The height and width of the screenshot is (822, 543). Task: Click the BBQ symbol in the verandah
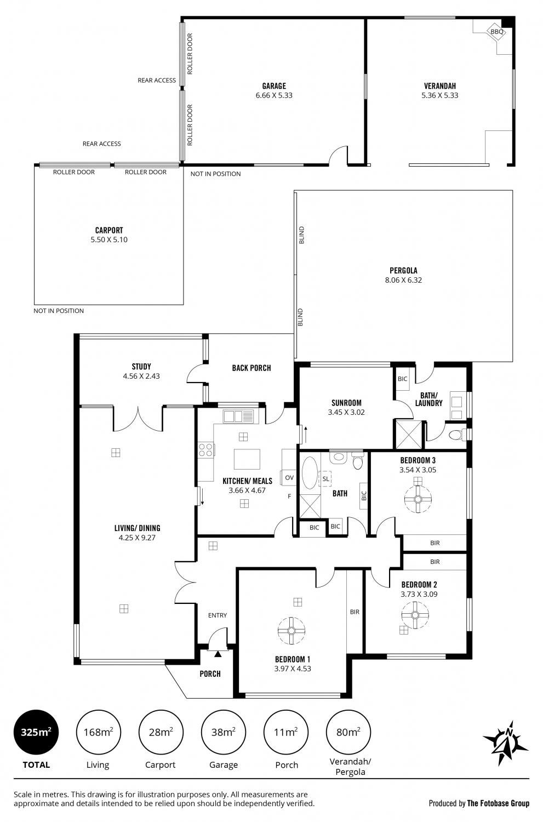pos(497,32)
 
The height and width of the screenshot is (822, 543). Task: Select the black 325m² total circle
pos(36,733)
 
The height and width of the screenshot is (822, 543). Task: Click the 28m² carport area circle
pos(161,733)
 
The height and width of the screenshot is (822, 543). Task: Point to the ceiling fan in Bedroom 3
pos(418,499)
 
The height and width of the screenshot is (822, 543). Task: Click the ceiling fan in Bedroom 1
pos(291,630)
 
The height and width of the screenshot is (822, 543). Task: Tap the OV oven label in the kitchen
pos(289,477)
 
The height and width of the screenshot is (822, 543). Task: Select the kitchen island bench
pos(247,459)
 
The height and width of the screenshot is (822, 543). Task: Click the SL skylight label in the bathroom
pos(325,479)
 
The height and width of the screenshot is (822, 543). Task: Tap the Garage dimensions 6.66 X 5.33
pos(274,95)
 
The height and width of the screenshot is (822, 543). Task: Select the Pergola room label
pos(404,271)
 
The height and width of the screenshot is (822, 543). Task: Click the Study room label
pos(141,366)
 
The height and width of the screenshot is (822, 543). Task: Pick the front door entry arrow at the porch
pos(218,654)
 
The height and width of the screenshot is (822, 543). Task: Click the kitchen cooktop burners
pos(206,450)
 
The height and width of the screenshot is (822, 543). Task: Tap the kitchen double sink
pos(238,416)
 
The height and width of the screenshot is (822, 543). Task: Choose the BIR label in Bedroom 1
pos(355,612)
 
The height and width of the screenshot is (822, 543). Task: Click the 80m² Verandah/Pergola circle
pos(348,733)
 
